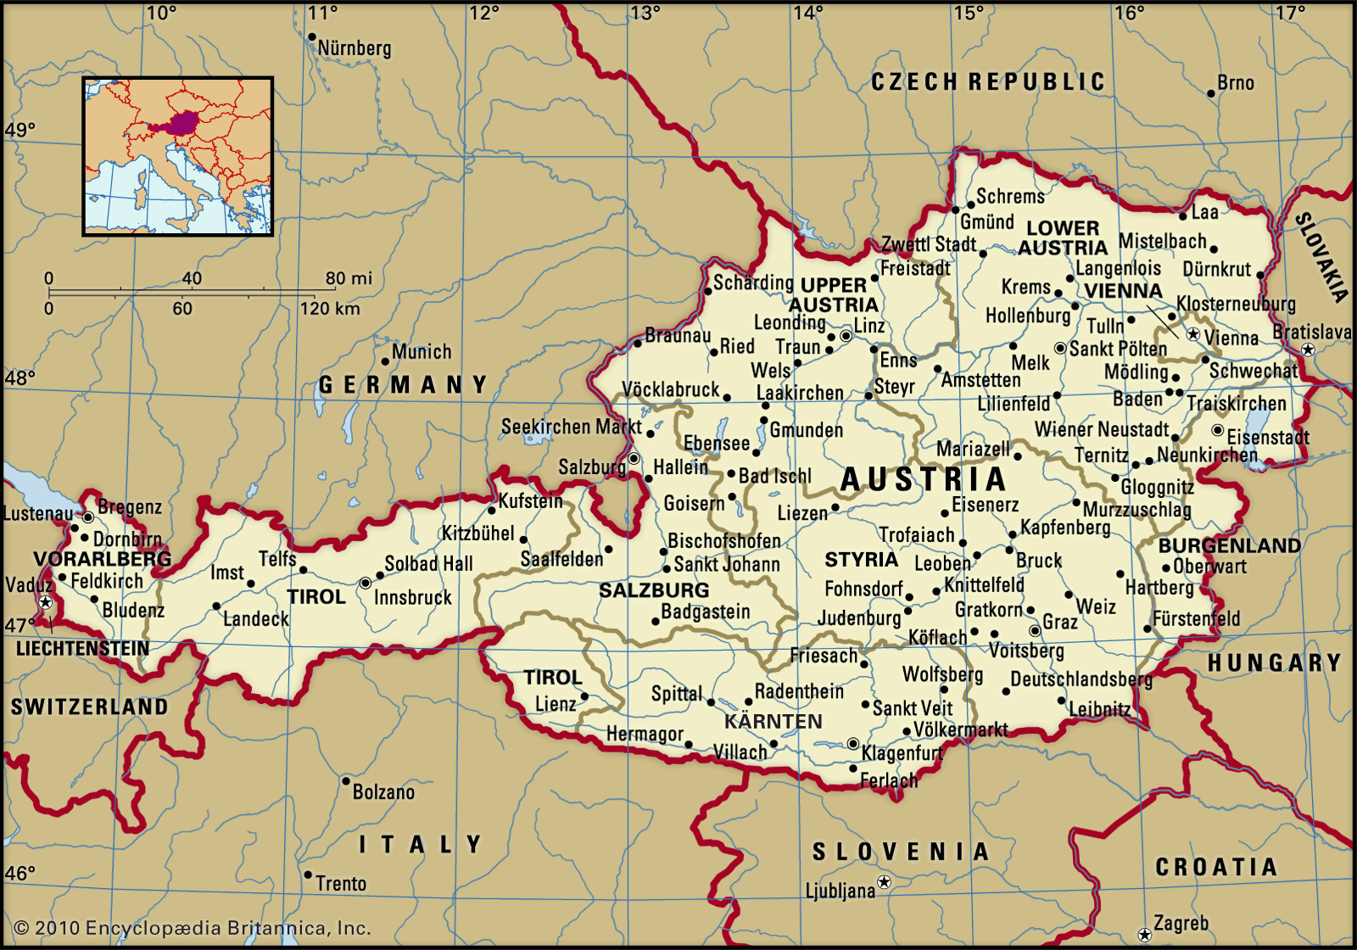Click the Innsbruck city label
(412, 597)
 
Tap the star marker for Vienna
(1193, 334)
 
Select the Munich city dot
(385, 361)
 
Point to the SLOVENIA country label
(901, 852)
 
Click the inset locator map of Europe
(178, 156)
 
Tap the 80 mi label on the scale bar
(349, 278)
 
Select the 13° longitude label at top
(645, 13)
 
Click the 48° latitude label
(19, 378)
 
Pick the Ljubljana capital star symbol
(884, 882)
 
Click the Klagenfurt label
(902, 753)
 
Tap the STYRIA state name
(861, 560)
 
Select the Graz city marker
(1035, 630)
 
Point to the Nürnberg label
(355, 48)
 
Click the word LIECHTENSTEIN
(82, 649)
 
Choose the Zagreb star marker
(1144, 935)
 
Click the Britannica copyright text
(193, 928)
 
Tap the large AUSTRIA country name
(923, 480)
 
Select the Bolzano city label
(383, 792)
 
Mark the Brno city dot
(1211, 93)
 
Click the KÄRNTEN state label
(773, 722)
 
